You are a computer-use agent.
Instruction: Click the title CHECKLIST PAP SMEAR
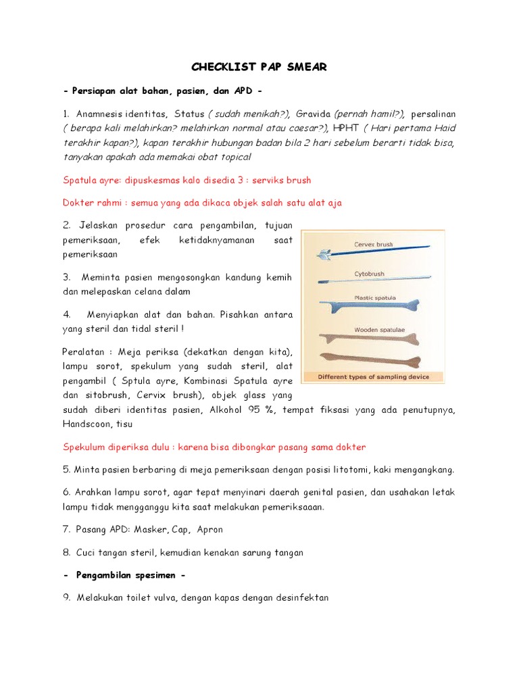(x=259, y=67)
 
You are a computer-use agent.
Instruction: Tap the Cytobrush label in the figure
(x=370, y=274)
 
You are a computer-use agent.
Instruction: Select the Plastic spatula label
(x=375, y=297)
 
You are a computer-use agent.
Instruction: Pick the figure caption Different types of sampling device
(x=373, y=377)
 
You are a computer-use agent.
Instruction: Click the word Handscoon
(x=85, y=424)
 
